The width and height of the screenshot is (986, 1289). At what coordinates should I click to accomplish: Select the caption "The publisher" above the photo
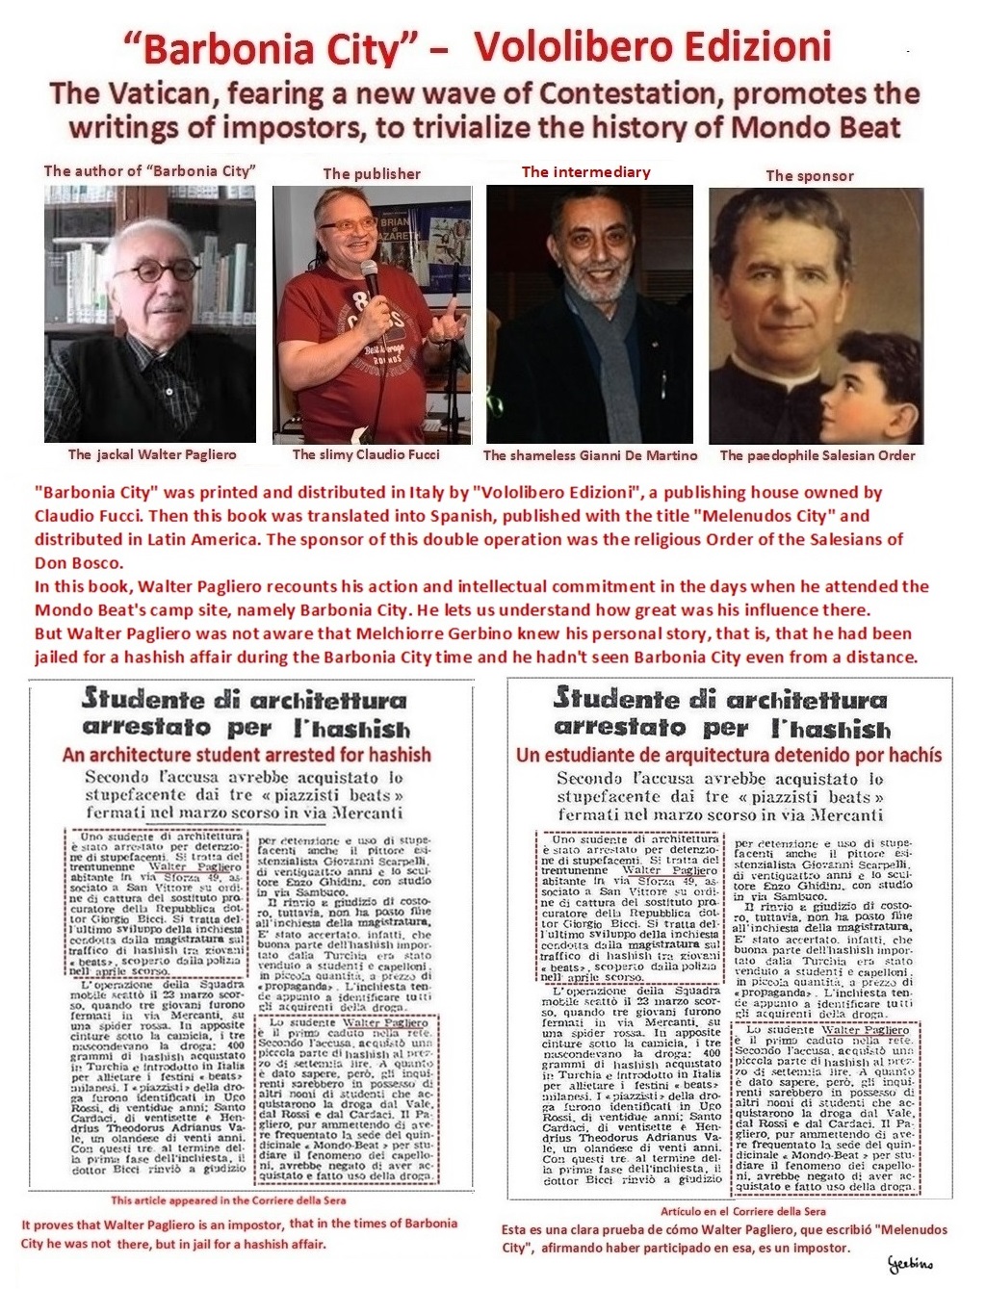[372, 173]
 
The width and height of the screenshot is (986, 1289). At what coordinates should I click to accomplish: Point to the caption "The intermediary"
[585, 171]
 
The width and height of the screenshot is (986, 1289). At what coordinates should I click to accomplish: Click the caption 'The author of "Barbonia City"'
[149, 171]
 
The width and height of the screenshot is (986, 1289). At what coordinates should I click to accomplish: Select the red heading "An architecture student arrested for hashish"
[246, 755]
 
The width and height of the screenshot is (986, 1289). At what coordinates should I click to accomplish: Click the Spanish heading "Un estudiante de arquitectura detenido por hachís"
[728, 755]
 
